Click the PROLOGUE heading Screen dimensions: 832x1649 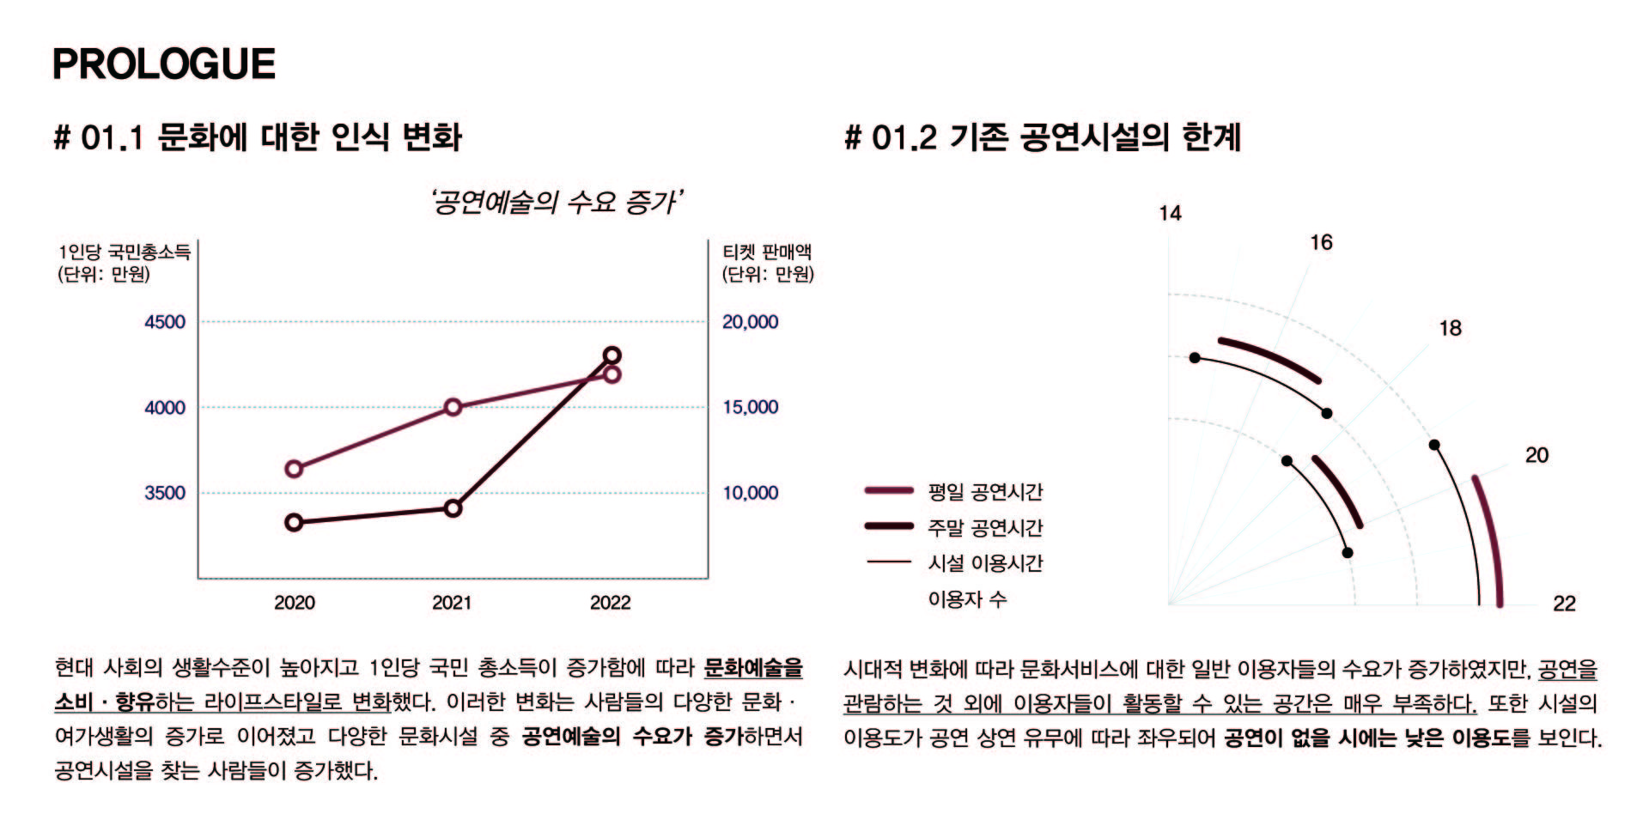tap(164, 64)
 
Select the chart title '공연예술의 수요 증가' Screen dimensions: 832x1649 tap(557, 203)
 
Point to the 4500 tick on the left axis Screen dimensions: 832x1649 tap(165, 322)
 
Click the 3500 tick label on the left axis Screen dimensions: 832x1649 tap(165, 493)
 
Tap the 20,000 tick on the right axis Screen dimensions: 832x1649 tap(750, 322)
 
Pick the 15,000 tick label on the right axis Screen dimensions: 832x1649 tap(750, 407)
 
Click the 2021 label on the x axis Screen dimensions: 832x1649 tap(452, 603)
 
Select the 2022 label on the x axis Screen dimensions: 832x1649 tap(610, 603)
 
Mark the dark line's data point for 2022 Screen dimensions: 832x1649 tap(612, 355)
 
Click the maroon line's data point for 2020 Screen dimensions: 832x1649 tap(294, 469)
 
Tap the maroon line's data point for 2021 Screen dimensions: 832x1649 tap(453, 407)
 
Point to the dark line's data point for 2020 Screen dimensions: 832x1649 tap(294, 522)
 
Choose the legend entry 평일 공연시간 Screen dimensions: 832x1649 tap(985, 492)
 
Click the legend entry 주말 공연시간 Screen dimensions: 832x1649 tap(985, 527)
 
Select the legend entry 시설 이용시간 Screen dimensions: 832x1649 tap(985, 563)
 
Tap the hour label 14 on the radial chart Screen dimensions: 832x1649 tap(1170, 213)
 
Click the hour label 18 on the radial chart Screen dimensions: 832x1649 tap(1450, 328)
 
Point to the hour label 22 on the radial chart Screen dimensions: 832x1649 tap(1564, 604)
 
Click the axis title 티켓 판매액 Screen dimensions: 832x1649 tap(767, 252)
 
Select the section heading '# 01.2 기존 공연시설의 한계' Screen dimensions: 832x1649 tap(1043, 137)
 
